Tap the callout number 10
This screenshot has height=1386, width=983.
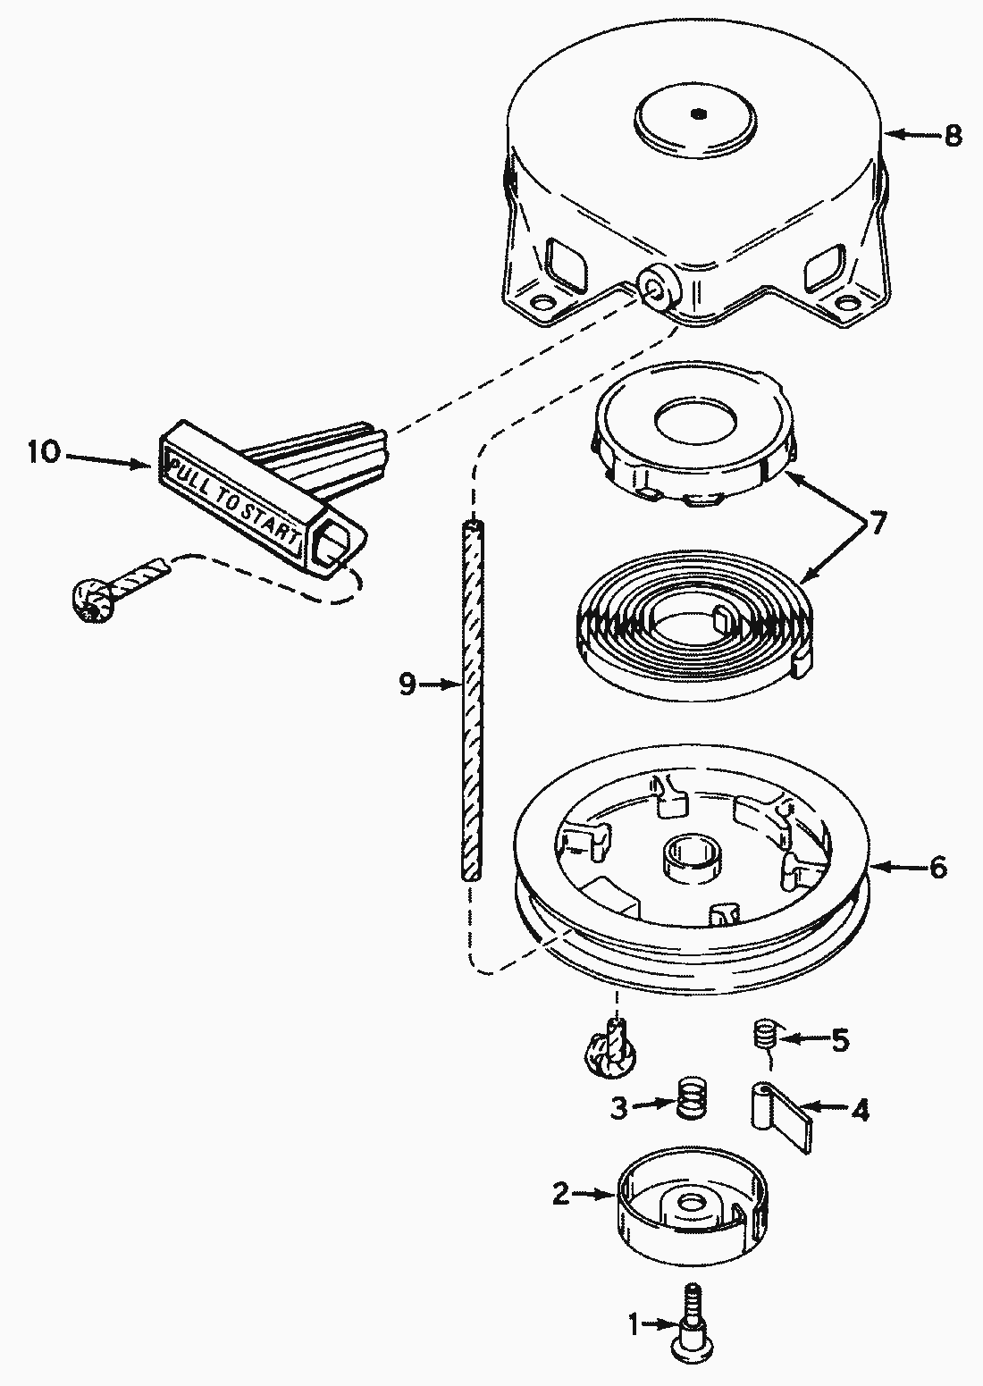(43, 452)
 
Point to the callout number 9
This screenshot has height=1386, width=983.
(407, 685)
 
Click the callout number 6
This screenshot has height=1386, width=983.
(937, 867)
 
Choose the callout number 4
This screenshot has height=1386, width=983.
(859, 1110)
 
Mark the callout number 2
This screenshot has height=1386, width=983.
(560, 1194)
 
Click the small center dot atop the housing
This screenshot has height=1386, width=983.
(699, 113)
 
